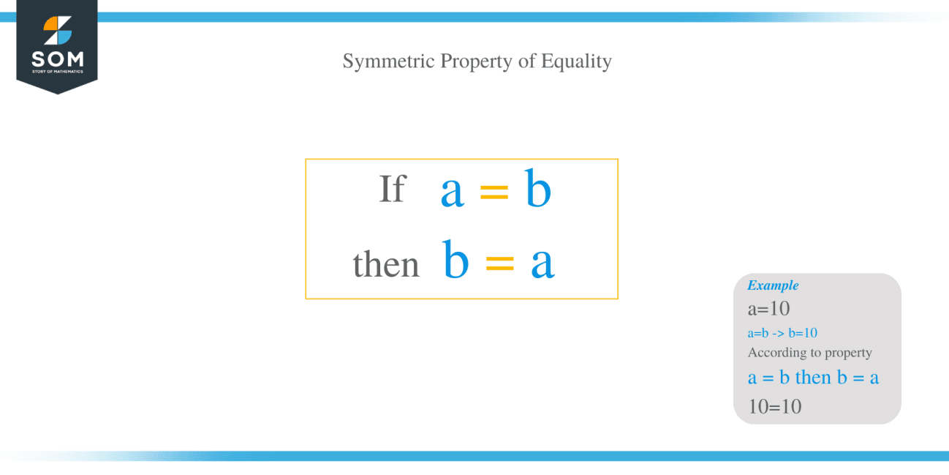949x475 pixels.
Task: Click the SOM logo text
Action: (x=57, y=59)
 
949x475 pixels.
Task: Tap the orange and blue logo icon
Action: (x=57, y=30)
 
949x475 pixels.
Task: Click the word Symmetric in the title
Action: (x=388, y=61)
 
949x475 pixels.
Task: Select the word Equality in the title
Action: (x=576, y=61)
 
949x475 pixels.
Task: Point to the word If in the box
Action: (x=392, y=189)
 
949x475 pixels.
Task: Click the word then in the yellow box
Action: (x=386, y=264)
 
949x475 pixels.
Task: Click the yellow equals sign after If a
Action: (x=494, y=192)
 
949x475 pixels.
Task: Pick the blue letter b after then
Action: (x=455, y=260)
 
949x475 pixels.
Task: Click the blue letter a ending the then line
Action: (x=542, y=263)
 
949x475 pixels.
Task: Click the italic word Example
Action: (x=773, y=285)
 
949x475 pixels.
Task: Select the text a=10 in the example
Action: (x=768, y=309)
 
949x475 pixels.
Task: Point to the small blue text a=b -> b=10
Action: (x=782, y=333)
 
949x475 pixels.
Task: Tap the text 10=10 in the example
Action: (x=775, y=406)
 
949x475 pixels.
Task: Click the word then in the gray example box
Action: (x=813, y=378)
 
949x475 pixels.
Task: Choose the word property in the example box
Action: (x=848, y=354)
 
